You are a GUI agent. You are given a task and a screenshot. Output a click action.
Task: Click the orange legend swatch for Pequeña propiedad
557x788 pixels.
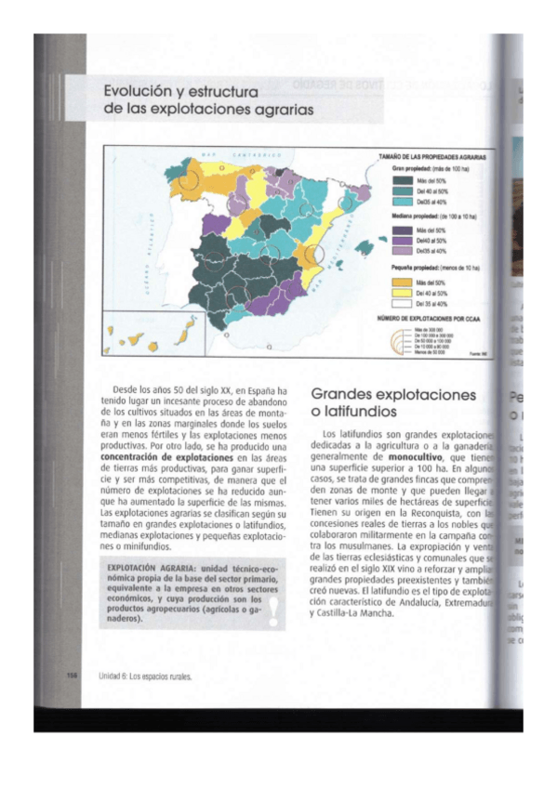click(x=403, y=282)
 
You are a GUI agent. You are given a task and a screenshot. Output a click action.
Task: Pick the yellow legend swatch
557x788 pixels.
click(x=403, y=293)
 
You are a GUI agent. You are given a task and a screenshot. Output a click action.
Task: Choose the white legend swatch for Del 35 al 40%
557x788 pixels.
click(x=403, y=304)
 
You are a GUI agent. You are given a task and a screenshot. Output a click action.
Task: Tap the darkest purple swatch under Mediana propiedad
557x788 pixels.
click(x=403, y=229)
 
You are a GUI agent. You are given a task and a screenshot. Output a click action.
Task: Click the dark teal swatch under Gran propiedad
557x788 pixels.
click(x=403, y=179)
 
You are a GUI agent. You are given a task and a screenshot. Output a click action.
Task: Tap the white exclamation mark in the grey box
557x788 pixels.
click(x=272, y=611)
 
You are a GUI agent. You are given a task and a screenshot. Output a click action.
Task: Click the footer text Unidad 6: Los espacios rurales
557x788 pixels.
click(x=145, y=676)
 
